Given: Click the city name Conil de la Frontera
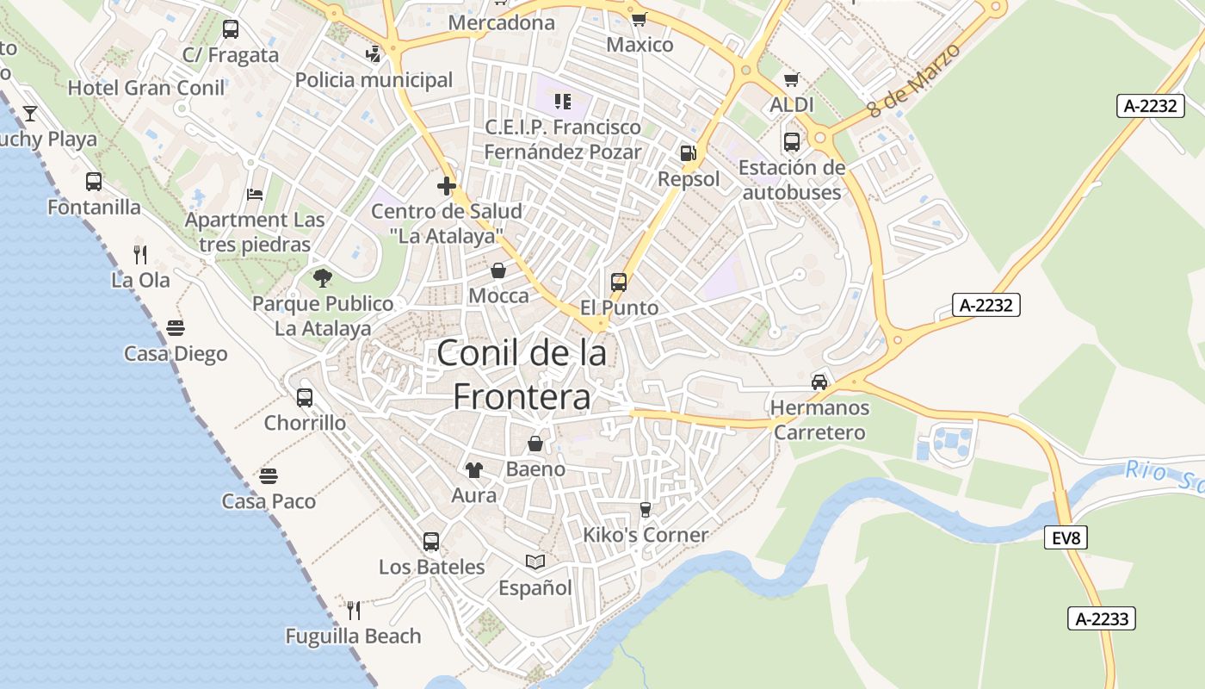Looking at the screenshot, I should tap(521, 374).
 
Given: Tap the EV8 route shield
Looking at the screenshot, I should tap(1065, 538).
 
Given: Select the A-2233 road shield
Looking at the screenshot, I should tap(1102, 618).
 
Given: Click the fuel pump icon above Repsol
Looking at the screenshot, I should tap(688, 153).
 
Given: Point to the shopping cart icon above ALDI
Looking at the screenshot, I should tap(792, 79).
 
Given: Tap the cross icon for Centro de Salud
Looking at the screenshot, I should tap(446, 185).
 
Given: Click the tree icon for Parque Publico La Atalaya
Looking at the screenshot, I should tap(323, 277).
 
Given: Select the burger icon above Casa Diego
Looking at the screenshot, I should tap(176, 328).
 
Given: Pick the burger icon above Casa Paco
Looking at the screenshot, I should tap(269, 475).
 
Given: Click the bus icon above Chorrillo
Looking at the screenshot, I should tap(305, 397).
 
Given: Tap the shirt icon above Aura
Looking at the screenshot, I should tap(474, 469).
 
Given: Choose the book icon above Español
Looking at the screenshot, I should tap(535, 562).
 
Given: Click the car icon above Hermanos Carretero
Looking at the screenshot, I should tap(819, 382).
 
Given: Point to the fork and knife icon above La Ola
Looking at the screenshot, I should tap(140, 254).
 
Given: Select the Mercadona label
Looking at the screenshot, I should tap(502, 23).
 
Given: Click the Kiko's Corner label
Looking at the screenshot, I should tap(646, 535).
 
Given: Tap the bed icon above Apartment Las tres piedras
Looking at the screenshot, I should tap(255, 194).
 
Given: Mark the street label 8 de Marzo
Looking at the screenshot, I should tap(913, 80).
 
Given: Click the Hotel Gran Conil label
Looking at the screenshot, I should tap(146, 88).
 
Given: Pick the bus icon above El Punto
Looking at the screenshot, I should tap(619, 282).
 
